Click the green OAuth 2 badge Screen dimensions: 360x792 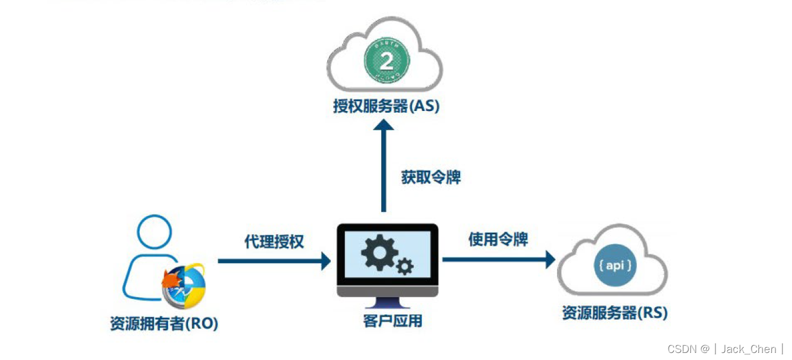(387, 60)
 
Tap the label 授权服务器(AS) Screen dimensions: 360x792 (386, 107)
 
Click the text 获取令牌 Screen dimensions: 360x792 (431, 178)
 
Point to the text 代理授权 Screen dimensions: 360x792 (274, 241)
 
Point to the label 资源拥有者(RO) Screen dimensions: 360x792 (164, 324)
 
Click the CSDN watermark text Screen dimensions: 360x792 (684, 349)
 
